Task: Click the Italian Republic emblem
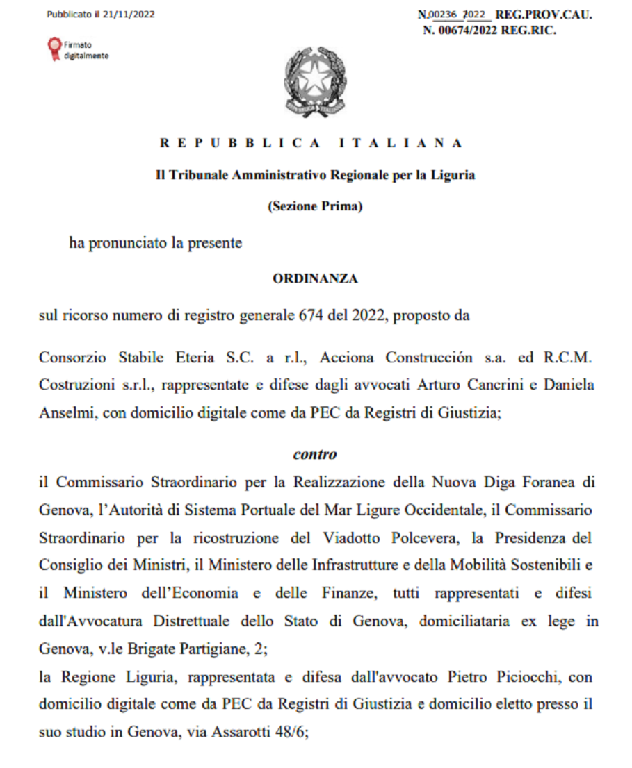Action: (314, 82)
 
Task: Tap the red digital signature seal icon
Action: (54, 49)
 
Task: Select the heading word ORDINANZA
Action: (315, 279)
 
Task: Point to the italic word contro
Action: (315, 455)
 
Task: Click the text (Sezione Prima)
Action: (315, 206)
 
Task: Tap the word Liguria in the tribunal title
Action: (453, 175)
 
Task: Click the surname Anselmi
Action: (63, 412)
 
